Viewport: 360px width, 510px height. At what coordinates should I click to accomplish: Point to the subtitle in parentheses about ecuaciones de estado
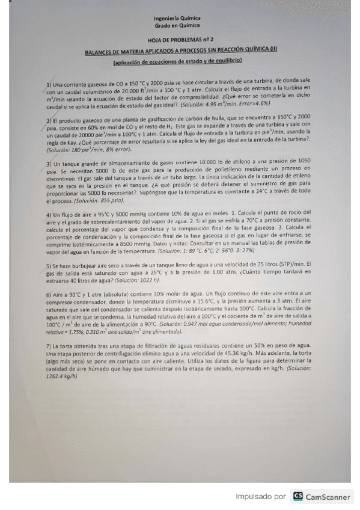tap(178, 61)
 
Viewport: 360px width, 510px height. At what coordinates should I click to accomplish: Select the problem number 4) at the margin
tap(49, 214)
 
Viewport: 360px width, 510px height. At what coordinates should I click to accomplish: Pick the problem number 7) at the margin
tap(49, 347)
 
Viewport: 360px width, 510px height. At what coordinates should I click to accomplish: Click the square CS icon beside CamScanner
tap(297, 497)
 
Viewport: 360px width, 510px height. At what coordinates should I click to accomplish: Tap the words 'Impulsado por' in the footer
tap(260, 497)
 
